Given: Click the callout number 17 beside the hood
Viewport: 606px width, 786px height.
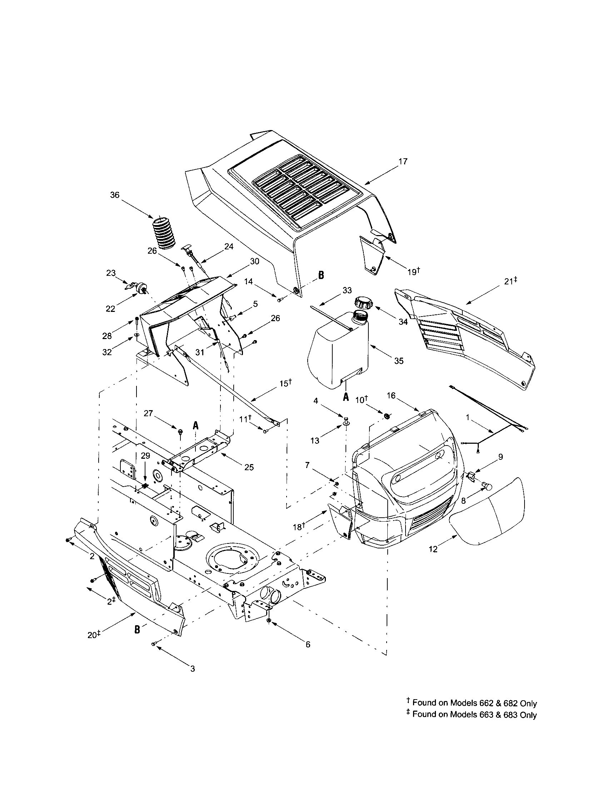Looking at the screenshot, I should (x=403, y=161).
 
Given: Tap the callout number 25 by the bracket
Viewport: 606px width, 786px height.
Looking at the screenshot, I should (x=249, y=468).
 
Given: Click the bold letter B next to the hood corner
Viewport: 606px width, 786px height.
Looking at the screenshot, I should (x=321, y=276).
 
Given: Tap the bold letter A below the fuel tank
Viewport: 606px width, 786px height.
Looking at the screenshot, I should (x=346, y=397).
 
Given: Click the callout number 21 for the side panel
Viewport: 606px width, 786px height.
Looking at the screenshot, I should (x=508, y=282).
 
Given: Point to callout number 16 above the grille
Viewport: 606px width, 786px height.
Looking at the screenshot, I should (x=391, y=396).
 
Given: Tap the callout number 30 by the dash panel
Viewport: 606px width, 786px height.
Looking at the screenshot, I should (x=254, y=262).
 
